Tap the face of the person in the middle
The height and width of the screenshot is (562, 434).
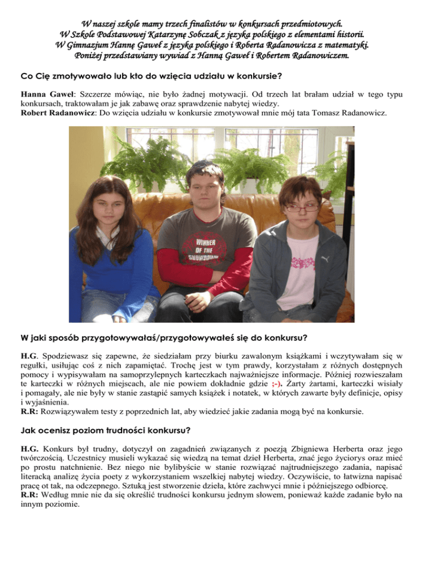[x=207, y=189]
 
